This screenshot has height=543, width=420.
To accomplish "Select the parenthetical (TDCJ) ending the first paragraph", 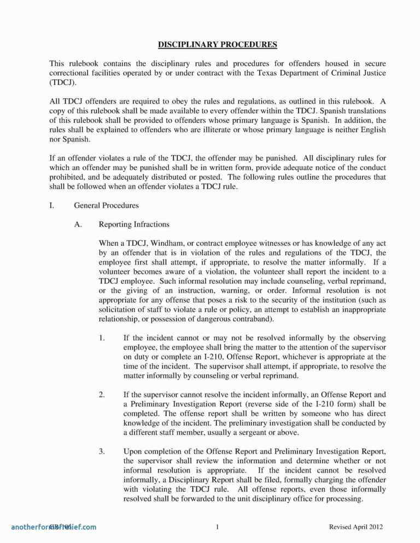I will point(63,82).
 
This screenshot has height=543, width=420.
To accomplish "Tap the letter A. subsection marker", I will point(78,224).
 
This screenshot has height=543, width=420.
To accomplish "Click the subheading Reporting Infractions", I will point(134,224).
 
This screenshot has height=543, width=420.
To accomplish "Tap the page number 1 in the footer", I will point(218,527).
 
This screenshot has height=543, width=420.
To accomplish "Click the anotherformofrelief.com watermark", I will point(53,527).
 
